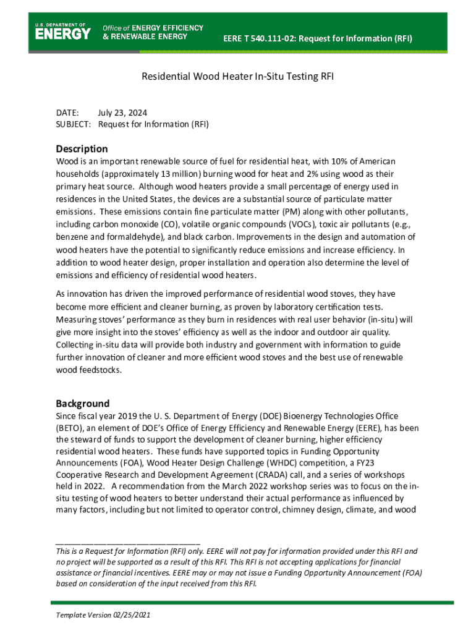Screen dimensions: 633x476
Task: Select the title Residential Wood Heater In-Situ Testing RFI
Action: coord(238,77)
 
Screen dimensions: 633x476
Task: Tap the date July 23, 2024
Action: coord(122,113)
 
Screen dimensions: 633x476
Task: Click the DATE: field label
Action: coord(67,113)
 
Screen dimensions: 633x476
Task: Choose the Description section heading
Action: coord(82,149)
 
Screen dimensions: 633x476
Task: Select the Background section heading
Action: coord(83,403)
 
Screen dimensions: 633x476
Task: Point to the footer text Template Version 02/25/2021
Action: coord(103,616)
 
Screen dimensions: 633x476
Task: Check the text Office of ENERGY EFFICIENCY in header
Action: coord(153,28)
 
